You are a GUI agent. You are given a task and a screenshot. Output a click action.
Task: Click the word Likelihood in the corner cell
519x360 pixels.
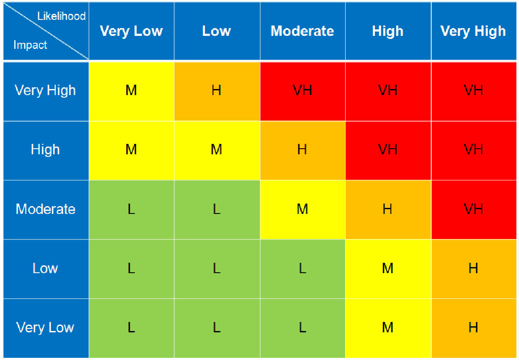click(x=61, y=16)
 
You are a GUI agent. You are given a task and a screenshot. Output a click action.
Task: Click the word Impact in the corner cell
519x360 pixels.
click(x=30, y=45)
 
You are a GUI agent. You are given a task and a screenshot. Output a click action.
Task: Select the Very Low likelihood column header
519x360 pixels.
click(x=131, y=31)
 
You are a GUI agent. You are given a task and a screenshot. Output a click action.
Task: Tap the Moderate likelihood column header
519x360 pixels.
click(x=302, y=31)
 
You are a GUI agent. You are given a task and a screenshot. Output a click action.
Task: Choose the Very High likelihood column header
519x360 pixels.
click(x=473, y=31)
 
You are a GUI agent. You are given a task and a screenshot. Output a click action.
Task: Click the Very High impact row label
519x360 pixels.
click(x=45, y=90)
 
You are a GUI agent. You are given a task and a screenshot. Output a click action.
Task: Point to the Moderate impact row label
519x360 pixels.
click(x=45, y=209)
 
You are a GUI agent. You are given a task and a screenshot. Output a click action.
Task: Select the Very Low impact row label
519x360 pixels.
click(x=45, y=328)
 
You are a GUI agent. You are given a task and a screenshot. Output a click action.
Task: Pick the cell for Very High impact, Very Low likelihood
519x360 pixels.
click(x=131, y=90)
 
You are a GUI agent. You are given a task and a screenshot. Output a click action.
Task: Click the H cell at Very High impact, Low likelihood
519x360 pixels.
click(x=217, y=90)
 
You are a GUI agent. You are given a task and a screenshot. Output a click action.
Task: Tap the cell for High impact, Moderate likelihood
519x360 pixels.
click(x=302, y=150)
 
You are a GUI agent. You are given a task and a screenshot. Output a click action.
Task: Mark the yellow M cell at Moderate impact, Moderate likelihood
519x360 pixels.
click(x=302, y=209)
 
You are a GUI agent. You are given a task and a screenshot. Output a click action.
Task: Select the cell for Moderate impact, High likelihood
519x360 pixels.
click(x=388, y=209)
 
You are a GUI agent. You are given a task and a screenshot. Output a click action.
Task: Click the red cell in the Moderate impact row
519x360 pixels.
click(x=473, y=209)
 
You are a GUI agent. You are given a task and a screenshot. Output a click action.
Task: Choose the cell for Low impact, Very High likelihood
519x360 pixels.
click(x=473, y=268)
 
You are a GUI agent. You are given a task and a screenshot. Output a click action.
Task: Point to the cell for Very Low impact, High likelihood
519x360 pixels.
click(x=388, y=328)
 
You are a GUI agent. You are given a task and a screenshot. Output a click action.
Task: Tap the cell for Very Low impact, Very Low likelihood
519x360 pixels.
click(x=131, y=328)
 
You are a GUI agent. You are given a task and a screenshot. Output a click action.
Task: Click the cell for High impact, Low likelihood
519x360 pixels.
click(x=217, y=150)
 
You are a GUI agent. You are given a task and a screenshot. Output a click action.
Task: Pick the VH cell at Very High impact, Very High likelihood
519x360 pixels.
click(x=473, y=90)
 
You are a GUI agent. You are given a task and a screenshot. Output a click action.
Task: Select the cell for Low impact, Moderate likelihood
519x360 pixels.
click(x=302, y=268)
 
